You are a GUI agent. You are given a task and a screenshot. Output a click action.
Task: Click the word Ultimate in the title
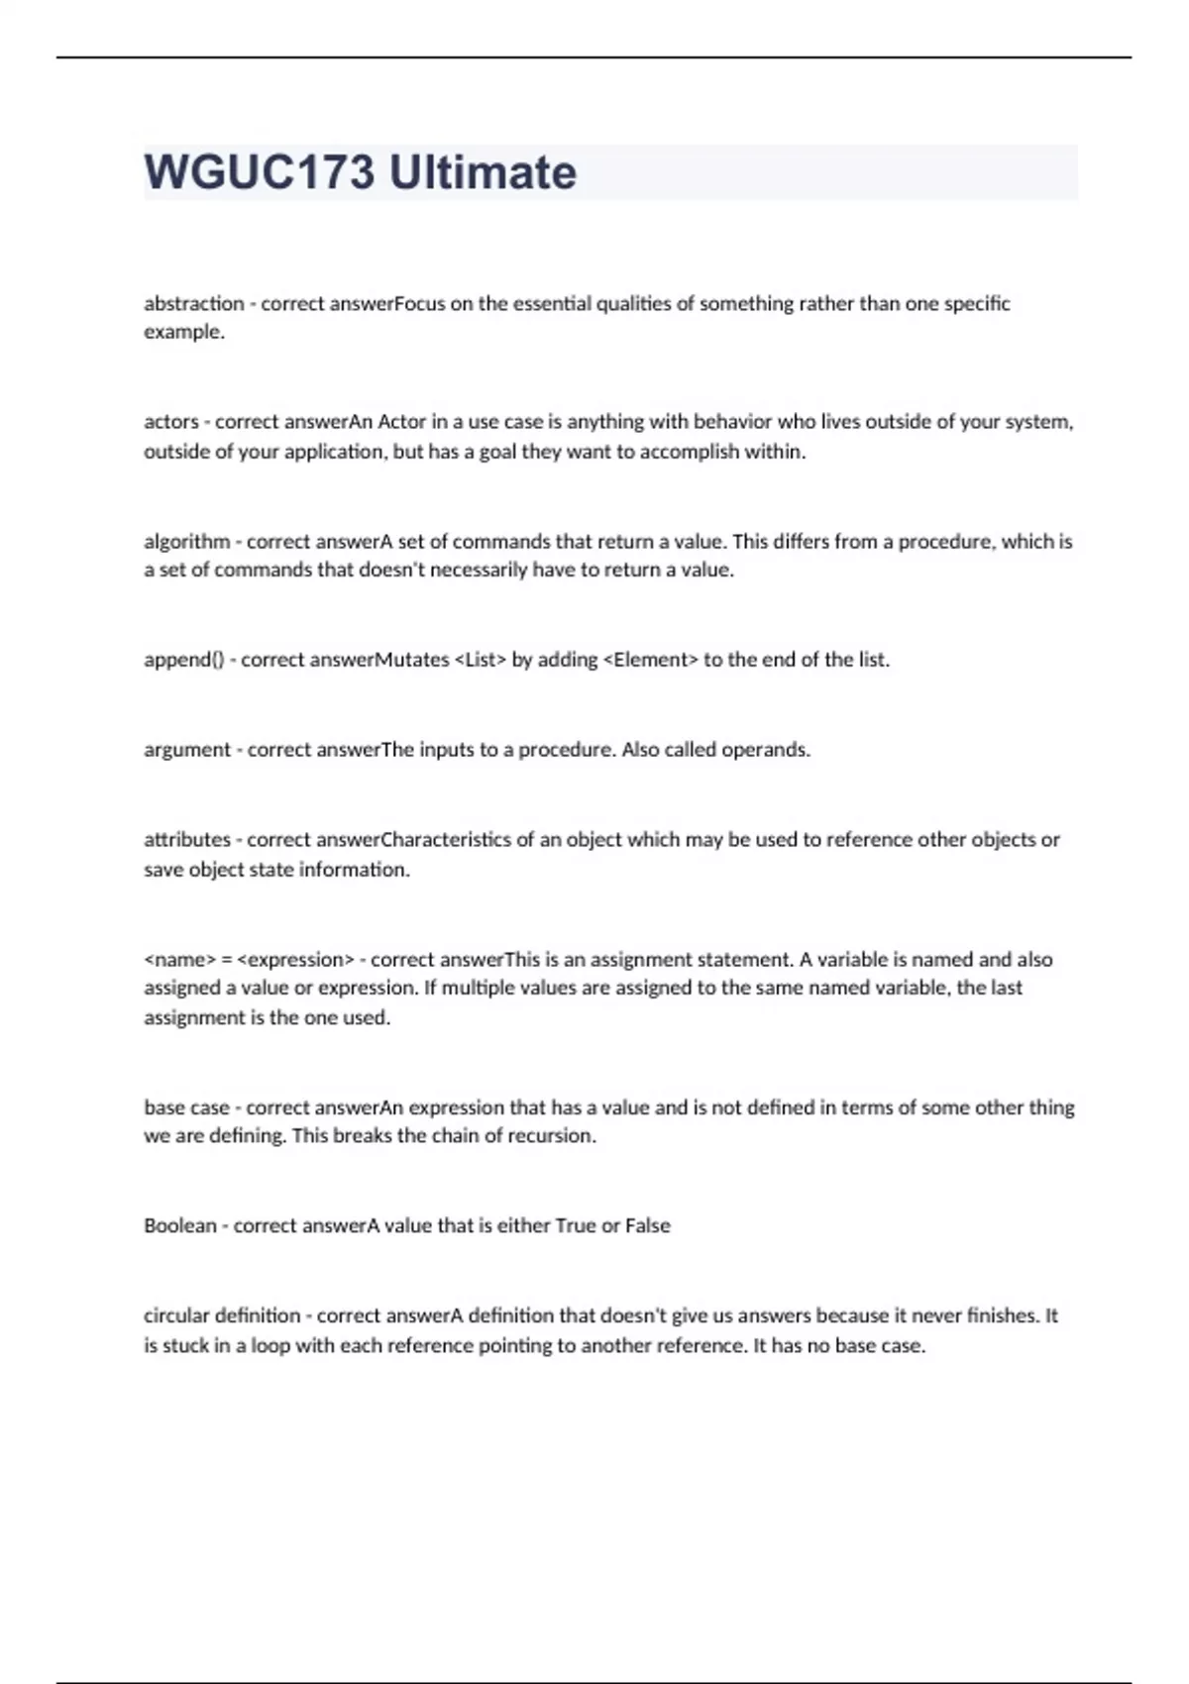click(x=482, y=172)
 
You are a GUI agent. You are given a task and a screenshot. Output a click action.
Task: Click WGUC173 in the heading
click(x=260, y=172)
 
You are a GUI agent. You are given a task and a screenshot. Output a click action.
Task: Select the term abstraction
click(x=193, y=303)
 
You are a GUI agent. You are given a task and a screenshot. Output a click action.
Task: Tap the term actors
click(x=171, y=421)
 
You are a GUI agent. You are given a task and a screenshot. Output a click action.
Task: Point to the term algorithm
click(x=186, y=542)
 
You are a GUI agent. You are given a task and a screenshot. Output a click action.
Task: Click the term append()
click(x=183, y=660)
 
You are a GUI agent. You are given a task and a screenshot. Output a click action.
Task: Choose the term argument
click(x=187, y=750)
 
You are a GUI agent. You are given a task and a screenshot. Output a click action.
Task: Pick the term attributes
click(x=186, y=840)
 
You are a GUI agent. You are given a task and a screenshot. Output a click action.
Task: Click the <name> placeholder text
click(x=179, y=959)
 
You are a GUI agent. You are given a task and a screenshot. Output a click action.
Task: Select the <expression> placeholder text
click(x=296, y=959)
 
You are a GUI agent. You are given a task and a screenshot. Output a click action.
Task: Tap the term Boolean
click(x=179, y=1225)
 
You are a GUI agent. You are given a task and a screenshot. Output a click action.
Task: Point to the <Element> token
click(x=650, y=660)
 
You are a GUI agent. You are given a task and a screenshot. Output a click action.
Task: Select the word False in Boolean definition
click(x=647, y=1225)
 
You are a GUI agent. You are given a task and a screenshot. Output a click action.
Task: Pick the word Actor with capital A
click(x=402, y=421)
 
